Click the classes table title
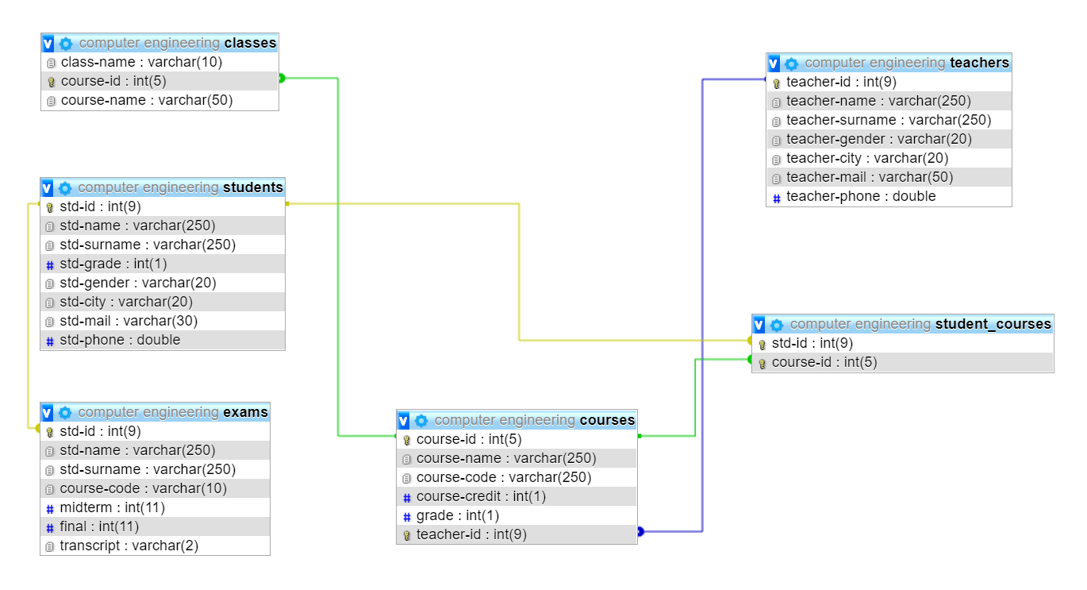point(250,43)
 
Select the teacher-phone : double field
point(861,196)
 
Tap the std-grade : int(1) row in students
point(113,264)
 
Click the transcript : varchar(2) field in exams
point(129,546)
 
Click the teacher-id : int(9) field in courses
point(471,534)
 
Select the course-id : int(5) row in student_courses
point(824,362)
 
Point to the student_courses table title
point(993,324)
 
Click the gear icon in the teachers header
point(791,64)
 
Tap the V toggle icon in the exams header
point(48,412)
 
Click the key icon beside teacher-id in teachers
point(777,83)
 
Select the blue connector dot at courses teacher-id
point(640,532)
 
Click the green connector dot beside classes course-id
point(282,78)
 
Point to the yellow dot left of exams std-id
point(37,427)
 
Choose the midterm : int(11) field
point(112,507)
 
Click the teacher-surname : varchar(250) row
point(889,120)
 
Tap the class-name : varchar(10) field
point(141,62)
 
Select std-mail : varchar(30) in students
point(129,321)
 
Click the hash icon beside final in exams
point(50,527)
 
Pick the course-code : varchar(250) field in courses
point(504,477)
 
